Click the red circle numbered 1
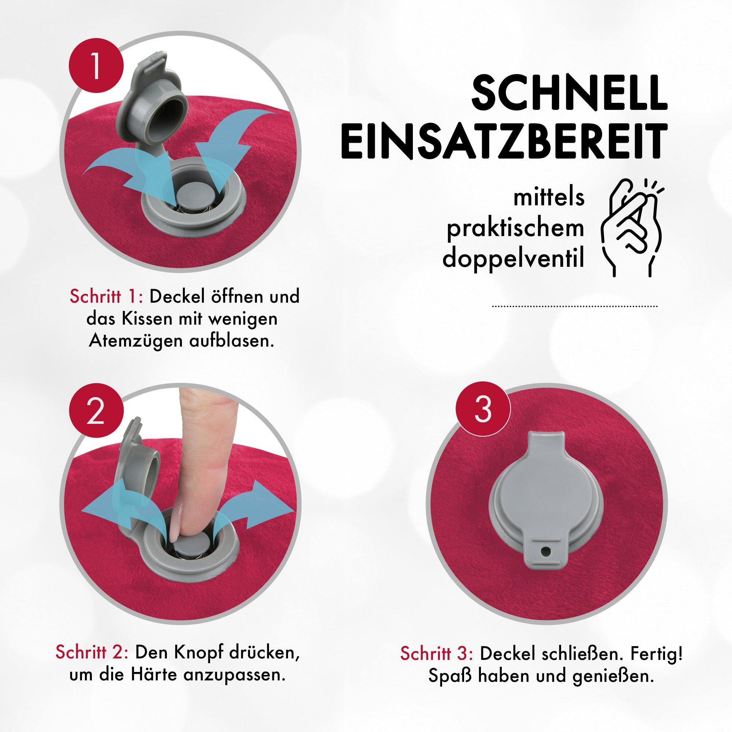96,65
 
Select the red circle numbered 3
483,409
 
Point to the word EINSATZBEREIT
504,141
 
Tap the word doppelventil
513,258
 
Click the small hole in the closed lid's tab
545,551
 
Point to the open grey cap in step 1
152,102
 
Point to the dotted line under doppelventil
574,306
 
